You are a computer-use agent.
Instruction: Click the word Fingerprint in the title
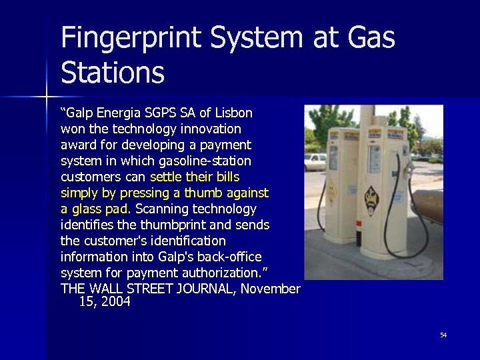(x=131, y=39)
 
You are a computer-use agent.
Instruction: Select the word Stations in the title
(x=112, y=73)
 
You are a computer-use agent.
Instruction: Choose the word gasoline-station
(x=207, y=161)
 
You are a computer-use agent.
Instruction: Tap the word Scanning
(x=163, y=209)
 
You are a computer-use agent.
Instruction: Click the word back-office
(x=229, y=257)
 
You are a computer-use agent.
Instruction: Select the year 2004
(x=117, y=301)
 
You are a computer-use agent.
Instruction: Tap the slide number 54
(x=443, y=335)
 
